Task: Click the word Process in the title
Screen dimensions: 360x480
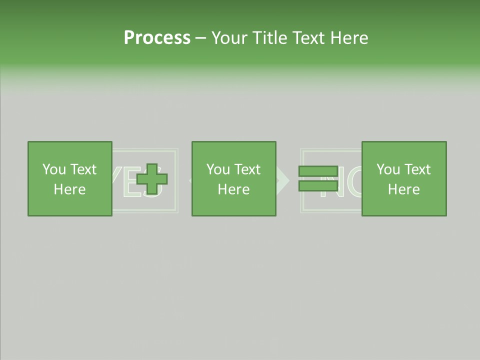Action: [x=157, y=37]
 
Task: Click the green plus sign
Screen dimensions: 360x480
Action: [x=152, y=179]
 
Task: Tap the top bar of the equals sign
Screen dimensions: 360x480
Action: [x=318, y=171]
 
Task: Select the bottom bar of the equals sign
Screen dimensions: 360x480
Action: [x=318, y=186]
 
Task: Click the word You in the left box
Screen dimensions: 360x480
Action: [x=54, y=169]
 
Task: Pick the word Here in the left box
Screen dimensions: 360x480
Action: [x=69, y=189]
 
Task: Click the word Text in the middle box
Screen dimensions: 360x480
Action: [x=247, y=169]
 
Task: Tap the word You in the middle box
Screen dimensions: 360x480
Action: [x=218, y=169]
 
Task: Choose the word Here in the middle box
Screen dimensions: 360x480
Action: [x=233, y=189]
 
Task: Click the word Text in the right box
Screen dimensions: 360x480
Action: [x=417, y=169]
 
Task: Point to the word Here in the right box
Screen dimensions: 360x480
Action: [x=403, y=189]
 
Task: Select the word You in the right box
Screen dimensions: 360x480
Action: [x=388, y=169]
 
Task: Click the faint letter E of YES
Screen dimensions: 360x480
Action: [x=131, y=183]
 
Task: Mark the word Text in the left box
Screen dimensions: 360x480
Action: [x=83, y=169]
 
